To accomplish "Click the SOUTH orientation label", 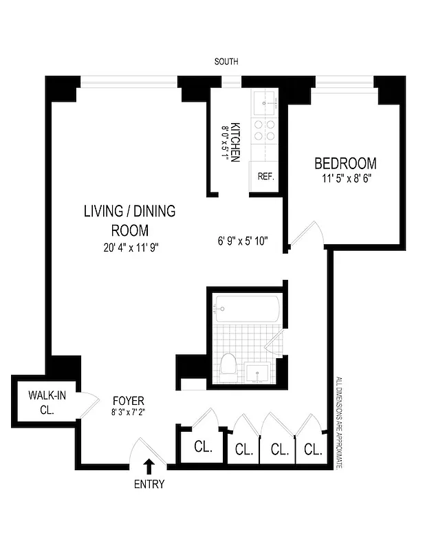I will pos(226,62).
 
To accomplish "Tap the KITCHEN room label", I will pos(235,142).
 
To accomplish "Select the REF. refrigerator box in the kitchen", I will pos(265,177).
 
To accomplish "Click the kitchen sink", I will pos(263,103).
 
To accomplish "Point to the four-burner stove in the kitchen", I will pos(264,131).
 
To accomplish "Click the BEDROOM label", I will pos(345,164).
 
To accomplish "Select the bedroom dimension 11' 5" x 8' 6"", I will pos(345,179).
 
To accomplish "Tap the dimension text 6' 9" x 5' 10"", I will pos(241,241).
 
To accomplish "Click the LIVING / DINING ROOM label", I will pos(129,220).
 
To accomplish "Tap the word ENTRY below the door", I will pos(149,484).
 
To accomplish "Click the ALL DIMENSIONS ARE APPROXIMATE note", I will pos(338,422).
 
